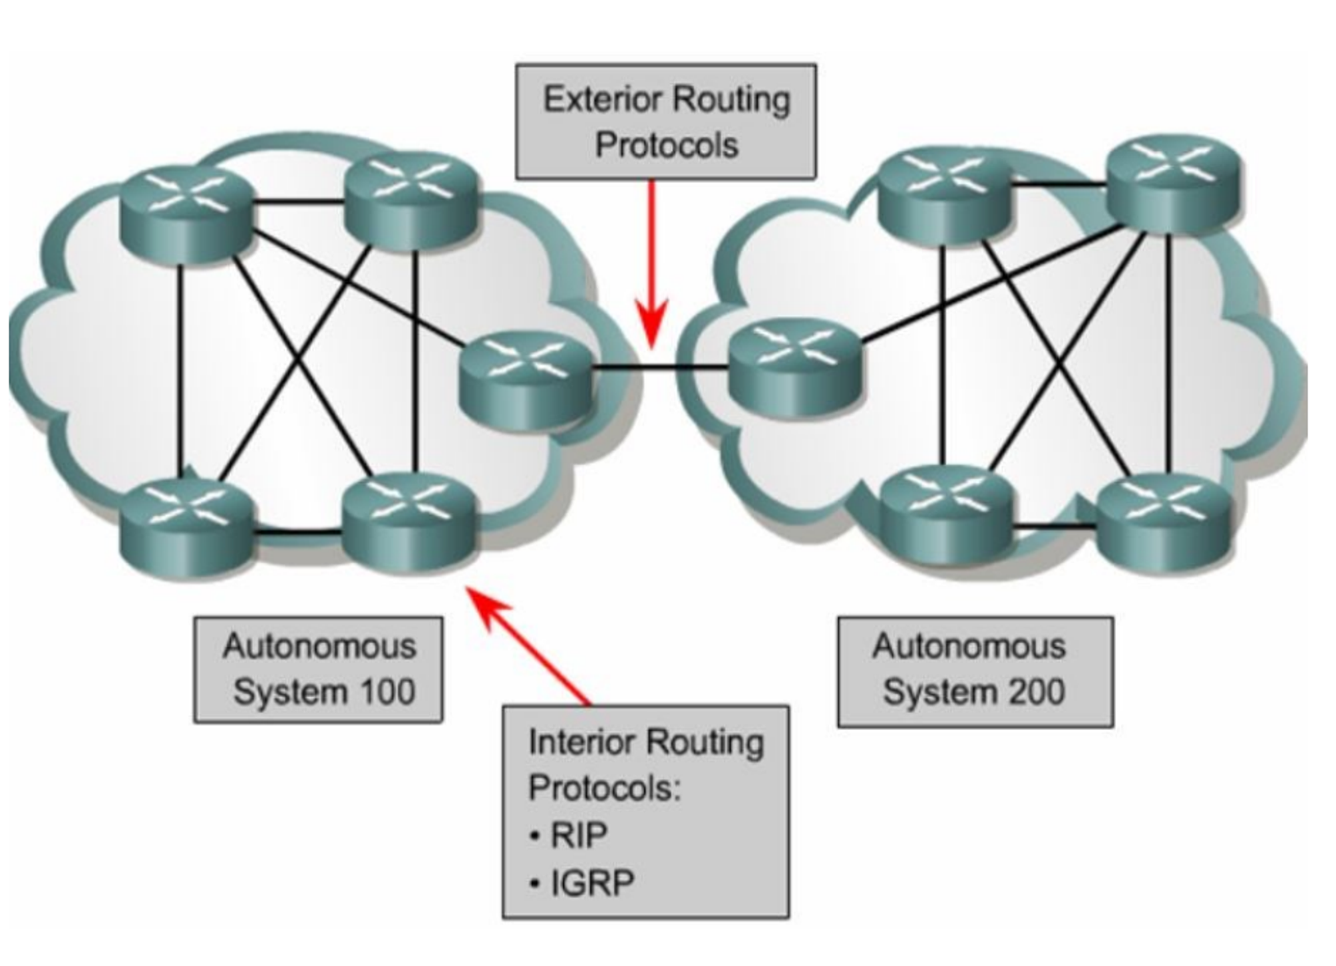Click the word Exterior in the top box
603,100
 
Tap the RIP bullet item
578,835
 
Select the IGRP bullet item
592,883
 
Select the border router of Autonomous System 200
793,371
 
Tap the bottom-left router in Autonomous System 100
187,528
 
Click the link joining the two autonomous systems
658,367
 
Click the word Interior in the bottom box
581,742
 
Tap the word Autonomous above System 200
969,647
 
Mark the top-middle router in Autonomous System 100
411,200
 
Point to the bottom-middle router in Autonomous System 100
409,521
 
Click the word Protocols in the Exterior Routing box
667,146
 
